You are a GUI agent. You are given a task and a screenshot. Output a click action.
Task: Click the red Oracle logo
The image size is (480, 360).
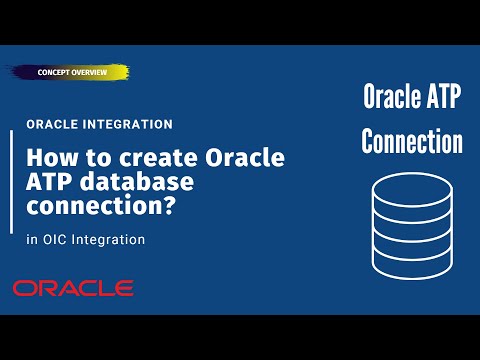click(x=73, y=288)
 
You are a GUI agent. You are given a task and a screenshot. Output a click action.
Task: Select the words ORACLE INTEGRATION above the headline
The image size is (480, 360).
click(x=100, y=124)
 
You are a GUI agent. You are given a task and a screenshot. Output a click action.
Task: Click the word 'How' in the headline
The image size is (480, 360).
click(x=47, y=157)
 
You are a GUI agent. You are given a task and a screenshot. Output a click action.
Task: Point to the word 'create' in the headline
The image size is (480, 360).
click(x=143, y=157)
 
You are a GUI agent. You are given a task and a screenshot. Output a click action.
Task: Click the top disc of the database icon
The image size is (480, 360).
click(x=411, y=187)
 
